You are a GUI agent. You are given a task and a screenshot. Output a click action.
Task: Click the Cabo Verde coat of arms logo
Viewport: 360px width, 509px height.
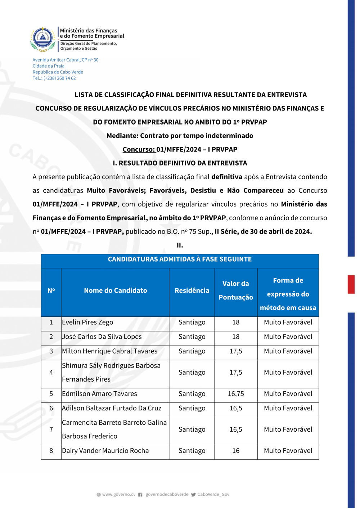click(x=43, y=39)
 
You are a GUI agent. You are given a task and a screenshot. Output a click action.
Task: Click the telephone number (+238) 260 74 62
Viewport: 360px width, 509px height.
click(x=60, y=78)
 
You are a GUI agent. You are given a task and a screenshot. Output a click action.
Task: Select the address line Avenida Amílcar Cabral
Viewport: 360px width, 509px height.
click(x=66, y=60)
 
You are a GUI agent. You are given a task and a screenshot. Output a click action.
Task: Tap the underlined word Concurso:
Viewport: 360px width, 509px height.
click(x=139, y=149)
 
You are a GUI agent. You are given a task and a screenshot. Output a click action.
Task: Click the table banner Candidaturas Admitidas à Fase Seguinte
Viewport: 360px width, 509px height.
click(x=180, y=259)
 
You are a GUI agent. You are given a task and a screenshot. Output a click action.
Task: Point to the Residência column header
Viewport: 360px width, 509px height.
click(x=192, y=290)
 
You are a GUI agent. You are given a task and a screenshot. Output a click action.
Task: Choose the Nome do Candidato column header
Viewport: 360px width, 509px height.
click(x=116, y=290)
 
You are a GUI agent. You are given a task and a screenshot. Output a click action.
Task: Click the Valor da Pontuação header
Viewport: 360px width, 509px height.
click(x=236, y=290)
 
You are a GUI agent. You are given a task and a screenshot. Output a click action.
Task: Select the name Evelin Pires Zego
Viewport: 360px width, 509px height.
click(x=87, y=322)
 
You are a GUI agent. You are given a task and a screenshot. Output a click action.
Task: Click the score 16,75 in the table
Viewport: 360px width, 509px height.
click(x=236, y=394)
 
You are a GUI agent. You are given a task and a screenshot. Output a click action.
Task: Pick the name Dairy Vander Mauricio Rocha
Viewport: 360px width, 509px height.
click(x=105, y=451)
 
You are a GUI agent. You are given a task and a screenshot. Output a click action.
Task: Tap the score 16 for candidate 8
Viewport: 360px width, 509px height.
click(x=236, y=451)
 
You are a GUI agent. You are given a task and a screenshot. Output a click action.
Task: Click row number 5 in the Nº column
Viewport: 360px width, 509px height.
click(x=51, y=394)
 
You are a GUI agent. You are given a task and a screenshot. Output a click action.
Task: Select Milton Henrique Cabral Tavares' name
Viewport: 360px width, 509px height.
click(x=109, y=351)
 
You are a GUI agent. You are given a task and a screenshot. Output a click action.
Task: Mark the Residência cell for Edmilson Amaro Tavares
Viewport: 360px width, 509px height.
click(x=192, y=394)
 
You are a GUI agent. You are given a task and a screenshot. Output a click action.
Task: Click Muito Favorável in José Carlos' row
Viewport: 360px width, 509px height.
click(x=288, y=337)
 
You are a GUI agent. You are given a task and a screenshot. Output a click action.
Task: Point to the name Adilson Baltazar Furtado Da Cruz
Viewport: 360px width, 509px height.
click(x=112, y=408)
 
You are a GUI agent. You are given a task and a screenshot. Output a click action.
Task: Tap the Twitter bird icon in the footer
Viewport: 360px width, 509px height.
click(x=193, y=495)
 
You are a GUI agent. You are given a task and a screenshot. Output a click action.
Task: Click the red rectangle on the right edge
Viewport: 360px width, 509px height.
click(x=351, y=284)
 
